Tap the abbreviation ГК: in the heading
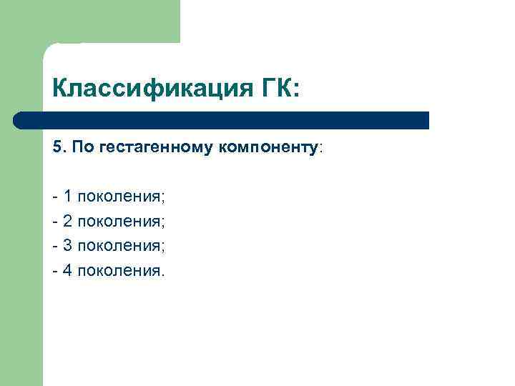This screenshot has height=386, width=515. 278,90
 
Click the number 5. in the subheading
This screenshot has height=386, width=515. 58,147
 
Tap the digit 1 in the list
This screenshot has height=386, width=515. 67,196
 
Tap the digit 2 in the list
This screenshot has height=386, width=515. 67,221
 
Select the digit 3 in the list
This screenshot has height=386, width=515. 67,246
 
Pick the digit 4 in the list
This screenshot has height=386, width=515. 67,271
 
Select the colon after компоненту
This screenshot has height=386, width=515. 321,148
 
